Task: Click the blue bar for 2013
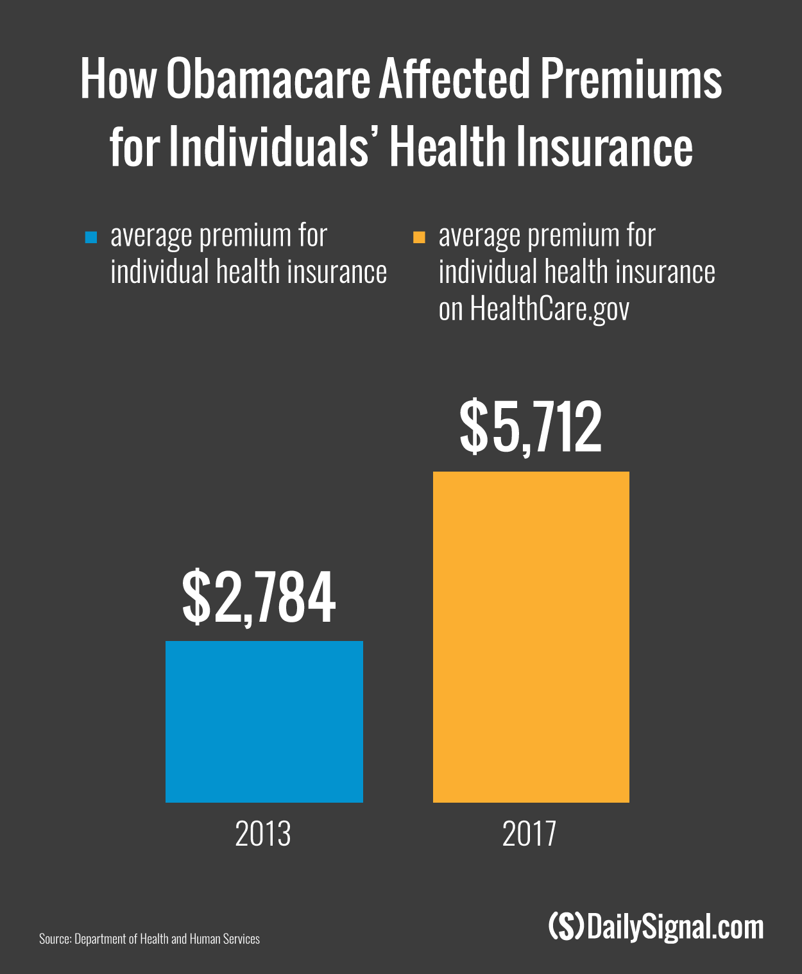[264, 721]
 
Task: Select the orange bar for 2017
[531, 637]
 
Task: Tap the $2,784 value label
[259, 599]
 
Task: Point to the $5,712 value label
[531, 428]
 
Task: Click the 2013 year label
[263, 834]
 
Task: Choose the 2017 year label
[529, 834]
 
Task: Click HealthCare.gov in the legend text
[549, 310]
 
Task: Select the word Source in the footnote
[55, 939]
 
